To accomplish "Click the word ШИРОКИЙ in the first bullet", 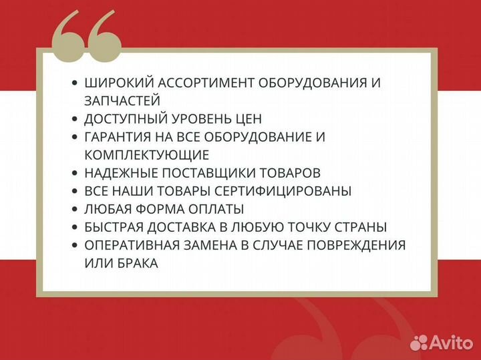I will coord(118,83).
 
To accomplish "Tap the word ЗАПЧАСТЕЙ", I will coord(122,101).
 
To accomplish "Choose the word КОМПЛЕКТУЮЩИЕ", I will coord(147,155).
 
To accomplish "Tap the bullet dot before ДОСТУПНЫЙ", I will coord(74,120).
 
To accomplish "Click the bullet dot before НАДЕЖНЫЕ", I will coord(74,174).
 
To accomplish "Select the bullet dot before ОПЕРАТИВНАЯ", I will coord(74,246).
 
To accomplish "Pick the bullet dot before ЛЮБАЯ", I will coord(74,210).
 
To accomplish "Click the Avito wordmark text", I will coord(450,342).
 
